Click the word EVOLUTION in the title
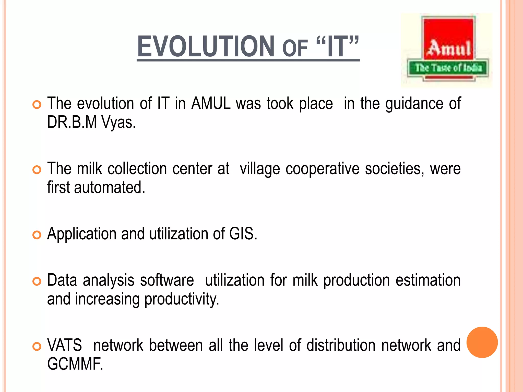pyautogui.click(x=206, y=46)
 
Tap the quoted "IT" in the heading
pyautogui.click(x=337, y=46)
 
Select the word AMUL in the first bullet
pyautogui.click(x=211, y=103)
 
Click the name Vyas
pyautogui.click(x=118, y=122)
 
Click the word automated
pyautogui.click(x=110, y=188)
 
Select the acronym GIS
pyautogui.click(x=243, y=234)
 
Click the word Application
pyautogui.click(x=82, y=234)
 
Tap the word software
pyautogui.click(x=167, y=280)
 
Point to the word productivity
pyautogui.click(x=182, y=299)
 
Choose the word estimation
pyautogui.click(x=428, y=280)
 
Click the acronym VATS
pyautogui.click(x=65, y=345)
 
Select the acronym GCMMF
pyautogui.click(x=75, y=364)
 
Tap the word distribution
pyautogui.click(x=341, y=345)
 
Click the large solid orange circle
pyautogui.click(x=482, y=342)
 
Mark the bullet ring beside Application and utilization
pyautogui.click(x=37, y=235)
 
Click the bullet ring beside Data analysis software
pyautogui.click(x=37, y=281)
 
